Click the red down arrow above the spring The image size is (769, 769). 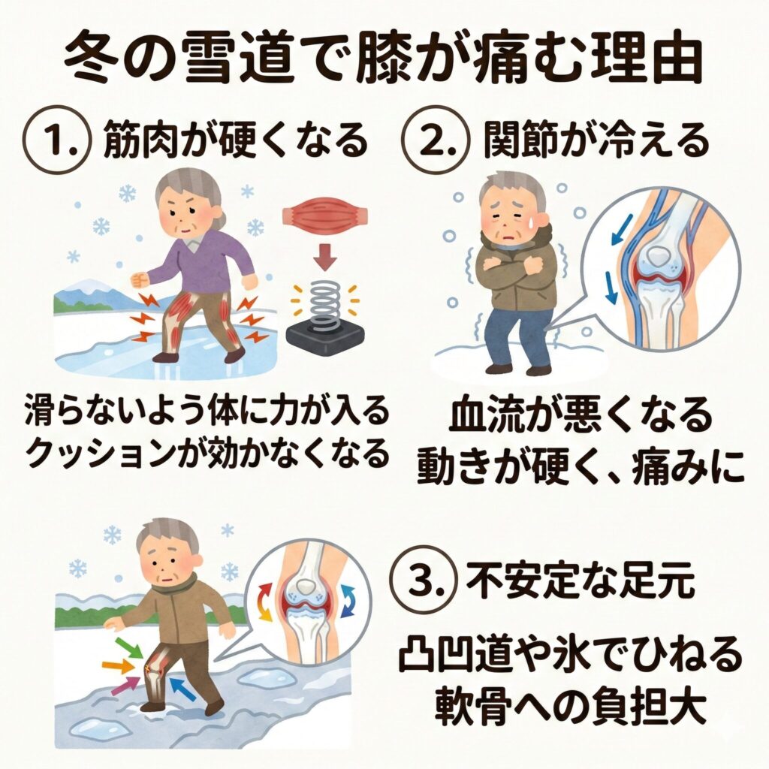coord(326,257)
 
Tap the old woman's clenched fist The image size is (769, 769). coord(140,280)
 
